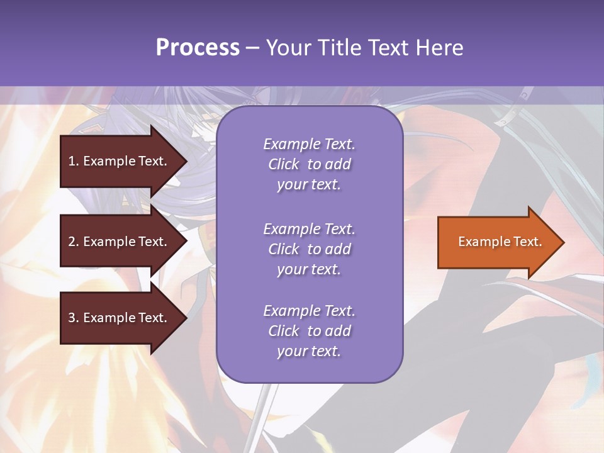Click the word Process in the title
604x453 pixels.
(198, 48)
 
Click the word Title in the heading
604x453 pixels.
(338, 48)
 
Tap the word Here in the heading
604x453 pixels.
(439, 48)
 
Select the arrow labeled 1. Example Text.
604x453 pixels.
(118, 161)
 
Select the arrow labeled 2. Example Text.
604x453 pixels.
(118, 242)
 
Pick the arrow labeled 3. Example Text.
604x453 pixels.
(118, 318)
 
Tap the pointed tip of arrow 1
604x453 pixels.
(186, 161)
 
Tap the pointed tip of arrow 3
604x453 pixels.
(186, 318)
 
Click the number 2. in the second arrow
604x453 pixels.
(73, 242)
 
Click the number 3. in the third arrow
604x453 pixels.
(73, 318)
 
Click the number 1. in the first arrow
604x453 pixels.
(73, 161)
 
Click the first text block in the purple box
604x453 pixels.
(309, 164)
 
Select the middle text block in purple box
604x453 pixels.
(309, 249)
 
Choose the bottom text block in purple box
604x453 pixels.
(309, 331)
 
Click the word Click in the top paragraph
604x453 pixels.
(283, 164)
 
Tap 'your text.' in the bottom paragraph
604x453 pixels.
(309, 351)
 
